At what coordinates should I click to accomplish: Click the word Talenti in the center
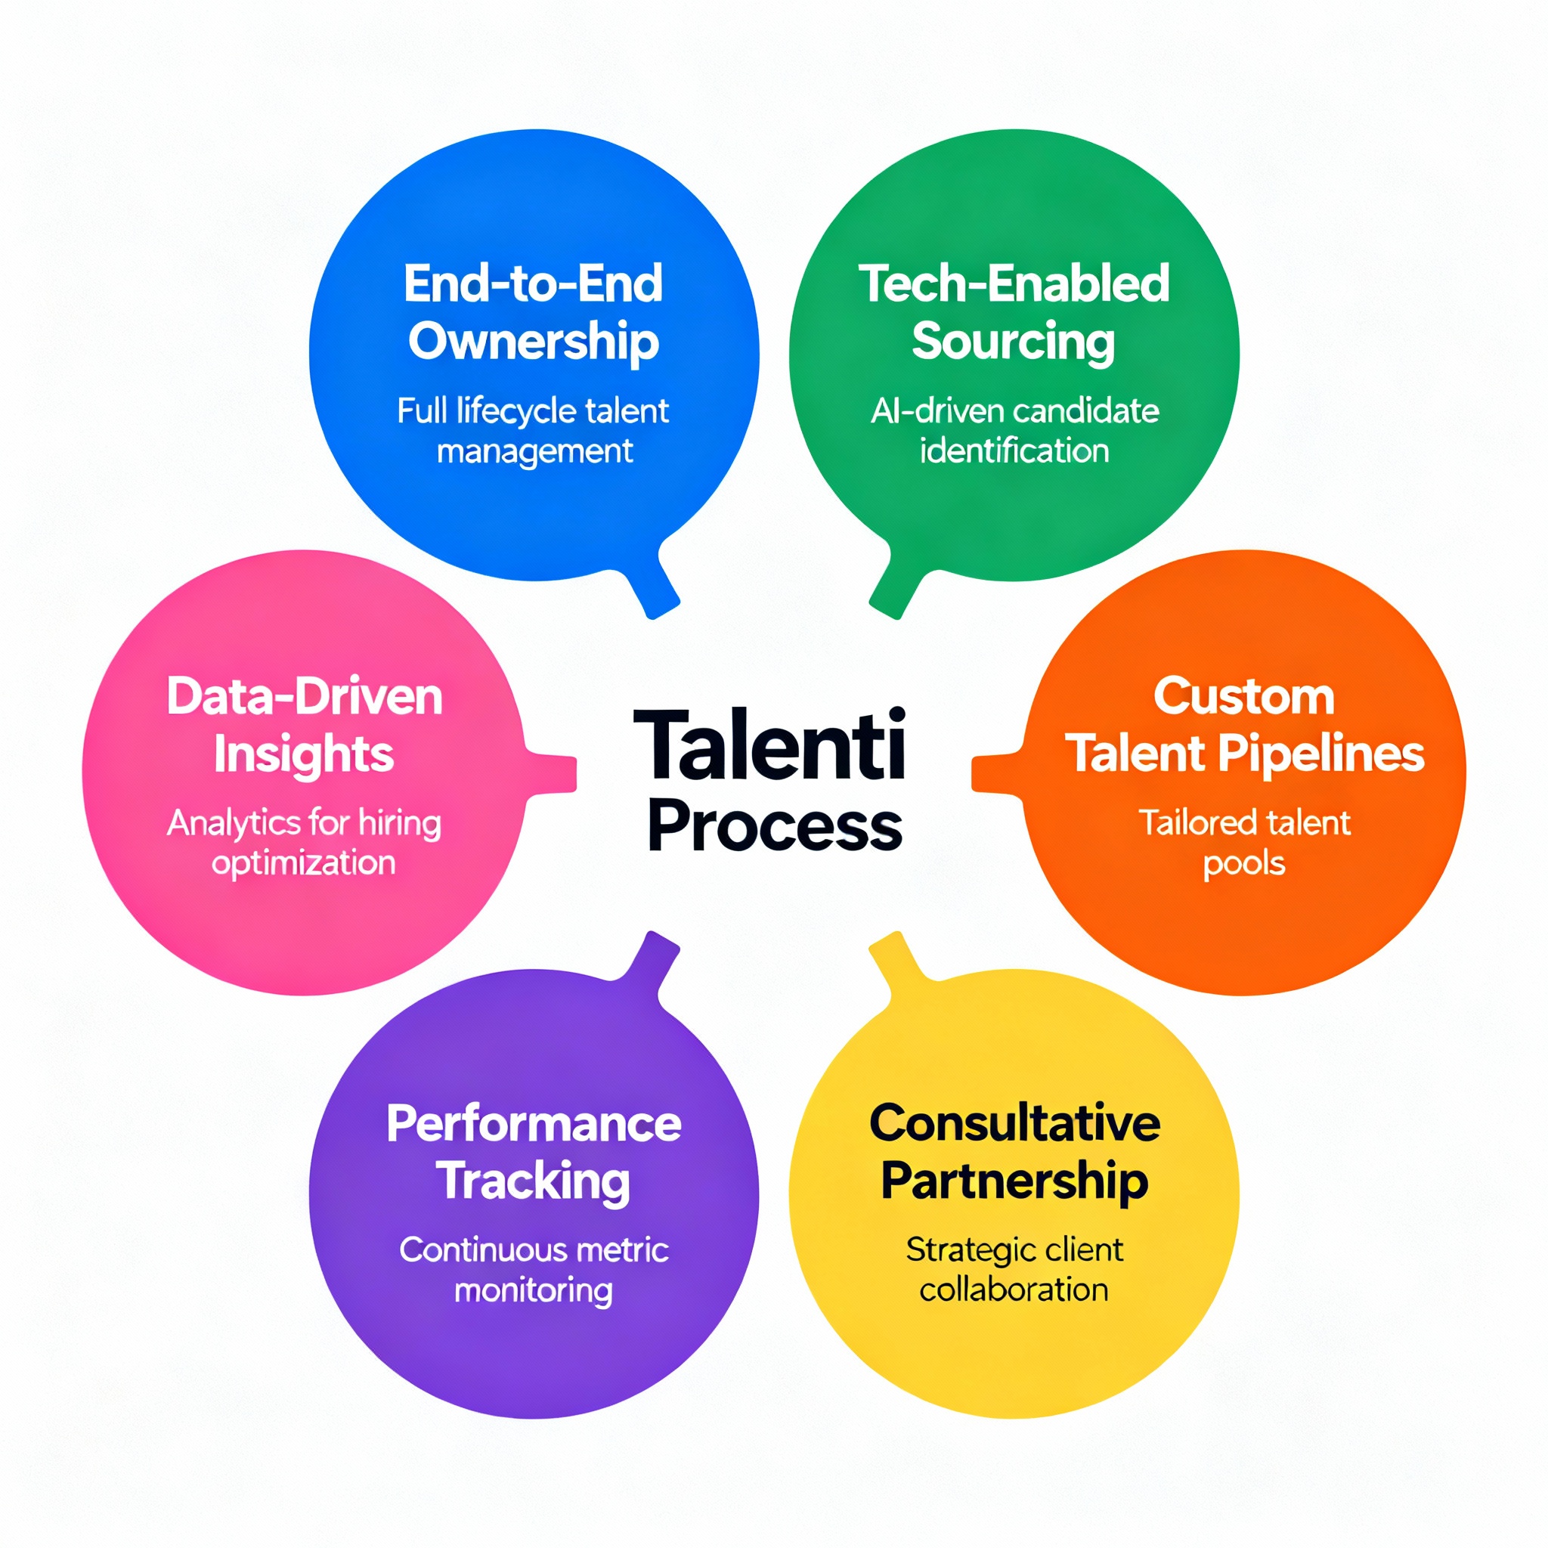tap(769, 745)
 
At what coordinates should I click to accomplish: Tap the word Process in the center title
tap(774, 826)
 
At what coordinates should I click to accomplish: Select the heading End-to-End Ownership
tap(534, 312)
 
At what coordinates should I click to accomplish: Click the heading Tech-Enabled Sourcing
tap(1014, 312)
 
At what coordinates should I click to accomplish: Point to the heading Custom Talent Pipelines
tap(1244, 725)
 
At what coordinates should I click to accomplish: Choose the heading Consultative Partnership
tap(1014, 1151)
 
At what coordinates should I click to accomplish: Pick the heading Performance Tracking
tap(534, 1151)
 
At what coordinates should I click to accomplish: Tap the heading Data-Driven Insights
tap(305, 725)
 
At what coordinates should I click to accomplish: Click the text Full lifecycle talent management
tap(534, 430)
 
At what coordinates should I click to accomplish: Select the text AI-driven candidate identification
tap(1014, 430)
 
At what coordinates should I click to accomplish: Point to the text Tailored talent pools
tap(1244, 843)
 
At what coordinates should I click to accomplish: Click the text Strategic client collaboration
tap(1014, 1269)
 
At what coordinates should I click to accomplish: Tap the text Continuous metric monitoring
tap(534, 1269)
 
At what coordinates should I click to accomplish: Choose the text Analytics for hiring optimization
tap(305, 843)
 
